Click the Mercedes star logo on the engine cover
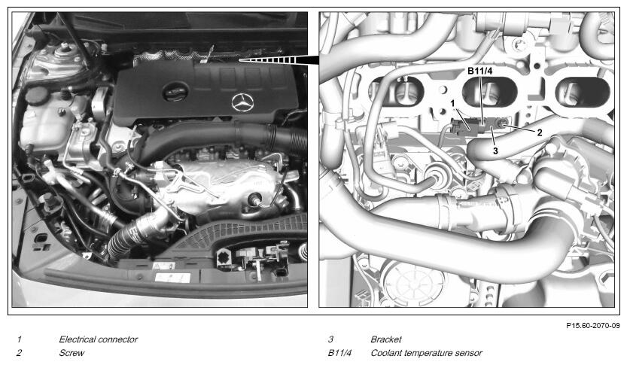pyautogui.click(x=242, y=102)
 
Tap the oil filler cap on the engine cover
pyautogui.click(x=175, y=93)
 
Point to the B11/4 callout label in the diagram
pyautogui.click(x=480, y=71)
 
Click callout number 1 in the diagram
pyautogui.click(x=452, y=103)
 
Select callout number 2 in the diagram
pyautogui.click(x=540, y=132)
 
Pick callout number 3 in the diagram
pyautogui.click(x=495, y=151)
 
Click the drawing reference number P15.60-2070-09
pyautogui.click(x=592, y=326)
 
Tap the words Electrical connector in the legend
pyautogui.click(x=99, y=339)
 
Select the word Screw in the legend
pyautogui.click(x=72, y=353)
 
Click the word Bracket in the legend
pyautogui.click(x=386, y=339)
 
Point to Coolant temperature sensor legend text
pyautogui.click(x=426, y=353)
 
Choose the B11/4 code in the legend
pyautogui.click(x=339, y=353)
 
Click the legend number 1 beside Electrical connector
pyautogui.click(x=20, y=339)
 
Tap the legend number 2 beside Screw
pyautogui.click(x=20, y=353)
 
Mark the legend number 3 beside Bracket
pyautogui.click(x=330, y=339)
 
